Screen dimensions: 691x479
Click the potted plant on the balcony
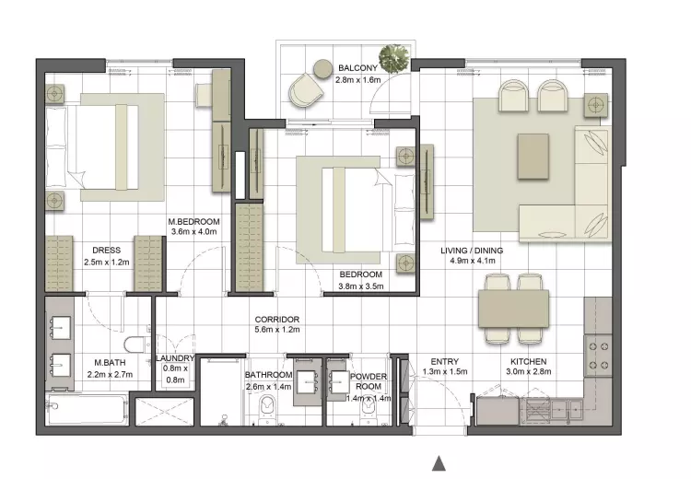(x=394, y=59)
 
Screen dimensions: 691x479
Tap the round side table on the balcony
(x=322, y=69)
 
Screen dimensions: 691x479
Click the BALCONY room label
(x=357, y=68)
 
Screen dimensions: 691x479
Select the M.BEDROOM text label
(x=193, y=222)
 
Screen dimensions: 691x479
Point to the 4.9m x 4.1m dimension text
(x=473, y=261)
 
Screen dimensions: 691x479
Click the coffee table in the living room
(x=533, y=157)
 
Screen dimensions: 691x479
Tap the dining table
(x=513, y=309)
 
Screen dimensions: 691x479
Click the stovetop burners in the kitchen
(x=599, y=356)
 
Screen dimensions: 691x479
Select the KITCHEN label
(x=529, y=361)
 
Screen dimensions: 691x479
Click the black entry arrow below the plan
(x=439, y=463)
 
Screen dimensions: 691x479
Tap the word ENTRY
(x=445, y=361)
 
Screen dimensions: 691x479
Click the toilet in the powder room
(x=368, y=413)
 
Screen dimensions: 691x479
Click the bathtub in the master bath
(x=87, y=409)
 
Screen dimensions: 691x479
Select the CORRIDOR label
(x=277, y=320)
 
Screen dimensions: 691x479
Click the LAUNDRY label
(x=175, y=358)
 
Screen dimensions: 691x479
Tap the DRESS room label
(x=106, y=251)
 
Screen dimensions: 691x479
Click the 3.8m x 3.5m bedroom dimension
(x=361, y=286)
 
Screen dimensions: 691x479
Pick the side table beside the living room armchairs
(x=596, y=105)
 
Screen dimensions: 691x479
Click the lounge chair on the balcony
(x=306, y=91)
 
